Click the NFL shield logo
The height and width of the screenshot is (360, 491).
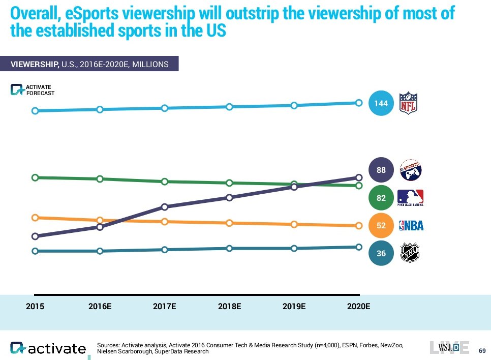408,103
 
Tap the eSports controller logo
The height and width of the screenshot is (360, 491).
411,170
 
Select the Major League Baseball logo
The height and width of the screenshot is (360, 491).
410,197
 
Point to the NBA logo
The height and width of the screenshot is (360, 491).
411,226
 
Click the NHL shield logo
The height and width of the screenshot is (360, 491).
410,253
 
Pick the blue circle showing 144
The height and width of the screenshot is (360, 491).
381,103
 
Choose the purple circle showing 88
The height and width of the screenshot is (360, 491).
381,171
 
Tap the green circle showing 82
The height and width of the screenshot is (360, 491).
381,198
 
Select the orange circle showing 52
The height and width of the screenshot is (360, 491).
381,226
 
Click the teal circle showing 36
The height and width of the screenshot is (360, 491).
381,253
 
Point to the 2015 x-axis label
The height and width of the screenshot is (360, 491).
35,307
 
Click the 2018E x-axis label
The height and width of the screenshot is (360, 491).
229,307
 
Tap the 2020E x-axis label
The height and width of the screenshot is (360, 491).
359,307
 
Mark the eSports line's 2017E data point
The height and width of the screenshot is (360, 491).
165,207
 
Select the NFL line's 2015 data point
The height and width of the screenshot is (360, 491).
35,111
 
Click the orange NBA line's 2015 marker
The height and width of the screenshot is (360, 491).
35,218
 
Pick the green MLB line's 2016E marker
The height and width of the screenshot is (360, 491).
100,179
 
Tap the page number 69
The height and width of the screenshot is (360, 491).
482,350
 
